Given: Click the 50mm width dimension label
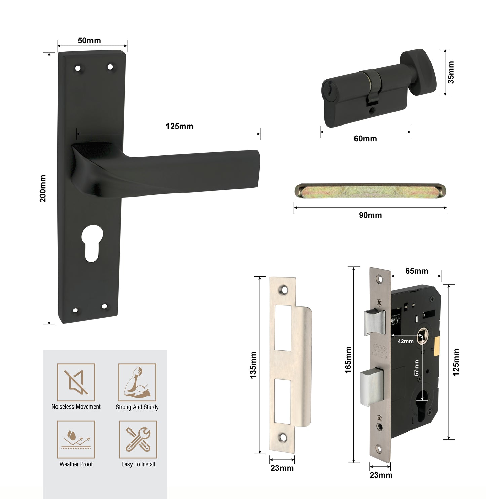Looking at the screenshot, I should click(89, 41).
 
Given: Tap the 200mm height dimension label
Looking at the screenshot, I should click(43, 188).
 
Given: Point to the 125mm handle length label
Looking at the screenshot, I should click(179, 127).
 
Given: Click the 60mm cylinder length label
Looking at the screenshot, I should click(365, 139).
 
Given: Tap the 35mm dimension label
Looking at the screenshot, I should click(451, 72).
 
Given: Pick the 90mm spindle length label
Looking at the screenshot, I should click(370, 215).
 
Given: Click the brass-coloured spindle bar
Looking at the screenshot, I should click(370, 191).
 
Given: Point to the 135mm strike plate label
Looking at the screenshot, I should click(253, 365).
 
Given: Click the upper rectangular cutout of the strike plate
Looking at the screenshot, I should click(283, 328).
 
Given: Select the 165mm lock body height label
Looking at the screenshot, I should click(348, 360).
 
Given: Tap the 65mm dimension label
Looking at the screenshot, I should click(417, 271).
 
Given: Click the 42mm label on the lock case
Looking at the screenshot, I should click(405, 341).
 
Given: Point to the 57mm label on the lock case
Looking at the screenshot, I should click(416, 368).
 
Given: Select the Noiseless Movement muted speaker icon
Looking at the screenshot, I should click(76, 382).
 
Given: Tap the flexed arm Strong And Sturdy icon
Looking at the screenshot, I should click(137, 382).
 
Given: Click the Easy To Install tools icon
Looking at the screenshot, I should click(138, 439).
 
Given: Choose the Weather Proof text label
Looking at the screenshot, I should click(76, 464).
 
